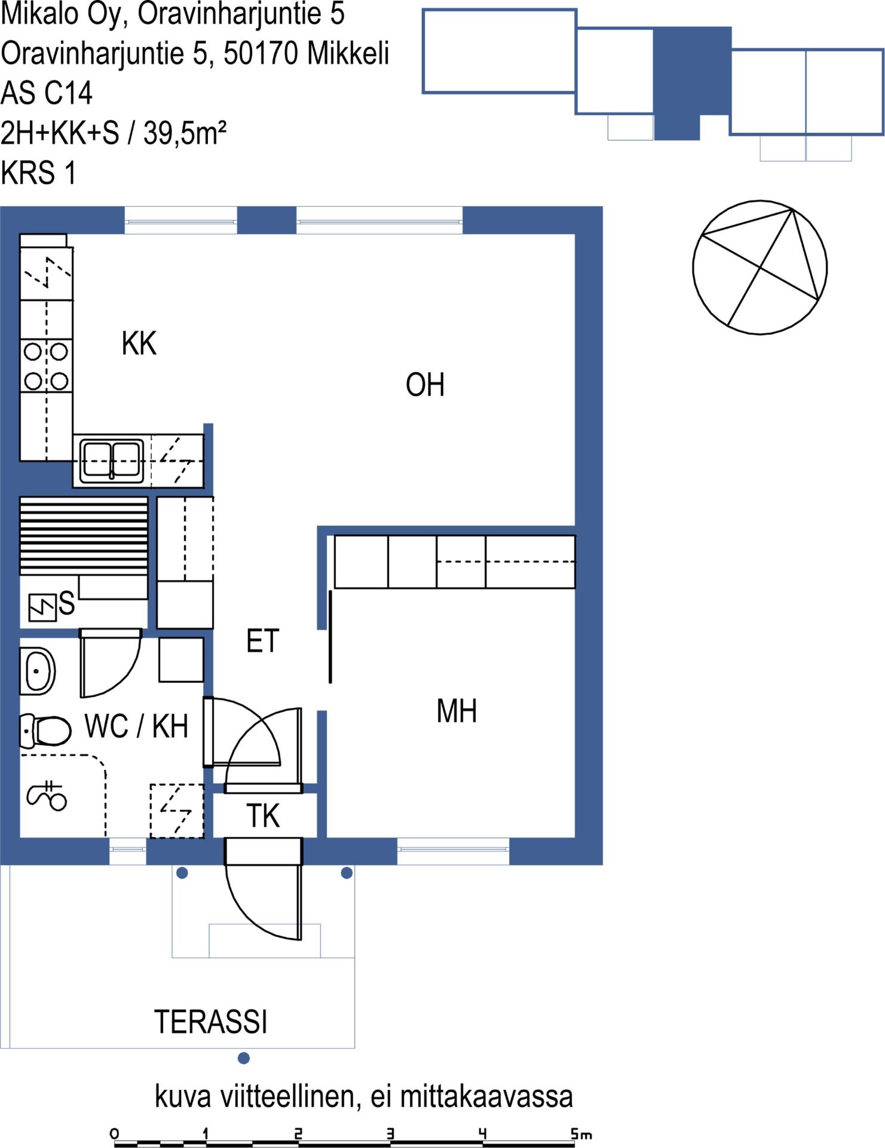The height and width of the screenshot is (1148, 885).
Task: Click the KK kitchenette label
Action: coord(139,343)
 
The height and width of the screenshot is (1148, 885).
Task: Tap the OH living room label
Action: coord(425,384)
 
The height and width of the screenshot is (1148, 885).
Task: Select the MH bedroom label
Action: coord(457,711)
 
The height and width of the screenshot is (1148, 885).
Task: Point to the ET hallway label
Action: coord(263,641)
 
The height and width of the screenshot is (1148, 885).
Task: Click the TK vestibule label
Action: coord(263,816)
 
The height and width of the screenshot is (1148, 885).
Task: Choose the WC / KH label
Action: coord(136,726)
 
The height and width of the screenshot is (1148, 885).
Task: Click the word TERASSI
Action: coord(211,1021)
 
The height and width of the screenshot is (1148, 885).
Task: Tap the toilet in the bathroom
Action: coord(45,731)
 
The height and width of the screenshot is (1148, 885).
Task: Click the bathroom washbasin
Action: coord(38,671)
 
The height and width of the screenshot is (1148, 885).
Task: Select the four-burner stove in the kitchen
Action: coord(46,366)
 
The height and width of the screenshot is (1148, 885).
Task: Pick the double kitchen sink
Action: coord(112,460)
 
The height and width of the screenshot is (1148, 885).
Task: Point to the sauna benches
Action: coord(84,536)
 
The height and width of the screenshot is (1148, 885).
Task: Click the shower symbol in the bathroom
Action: coord(47,796)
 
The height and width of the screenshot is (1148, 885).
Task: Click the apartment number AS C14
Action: coord(47,93)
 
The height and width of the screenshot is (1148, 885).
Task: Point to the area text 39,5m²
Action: coord(185,132)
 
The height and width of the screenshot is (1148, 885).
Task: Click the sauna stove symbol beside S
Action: coord(42,607)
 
